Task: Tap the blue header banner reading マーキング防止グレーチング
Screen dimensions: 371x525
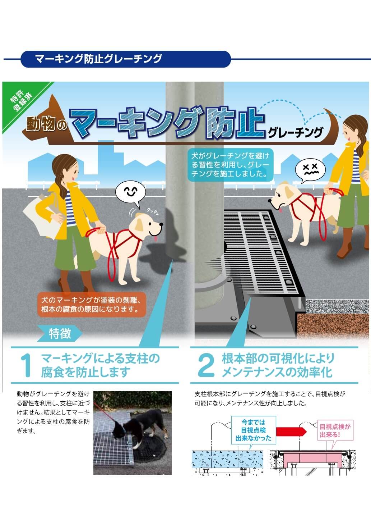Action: click(126, 59)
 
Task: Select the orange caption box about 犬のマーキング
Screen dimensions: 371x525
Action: click(92, 305)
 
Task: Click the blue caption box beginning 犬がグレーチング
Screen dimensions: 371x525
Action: click(231, 165)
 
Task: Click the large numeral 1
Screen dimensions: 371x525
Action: click(26, 365)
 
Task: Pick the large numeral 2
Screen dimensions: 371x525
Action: click(206, 365)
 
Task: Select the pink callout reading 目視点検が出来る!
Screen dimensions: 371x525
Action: click(335, 431)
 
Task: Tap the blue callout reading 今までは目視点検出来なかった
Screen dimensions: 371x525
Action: click(254, 430)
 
